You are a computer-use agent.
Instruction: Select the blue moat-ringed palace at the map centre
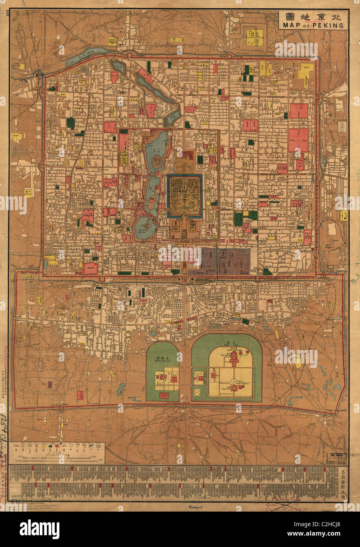tap(185, 196)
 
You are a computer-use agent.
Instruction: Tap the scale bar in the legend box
tap(59, 458)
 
